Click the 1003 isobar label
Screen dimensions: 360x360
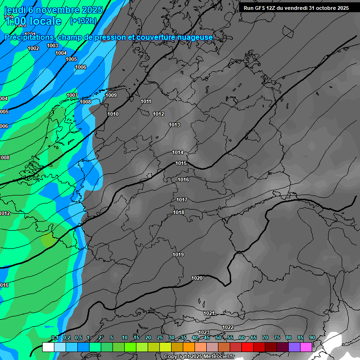coord(52,45)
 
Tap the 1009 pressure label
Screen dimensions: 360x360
coord(111,95)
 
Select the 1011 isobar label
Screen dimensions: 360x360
coord(146,101)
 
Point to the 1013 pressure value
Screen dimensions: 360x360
coord(174,125)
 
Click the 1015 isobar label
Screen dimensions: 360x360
coord(181,163)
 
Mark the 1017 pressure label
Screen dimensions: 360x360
coord(182,200)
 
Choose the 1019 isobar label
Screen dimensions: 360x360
coord(178,255)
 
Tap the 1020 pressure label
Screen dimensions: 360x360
coord(197,278)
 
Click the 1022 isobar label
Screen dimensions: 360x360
coord(228,327)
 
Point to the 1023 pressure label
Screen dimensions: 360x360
coord(204,332)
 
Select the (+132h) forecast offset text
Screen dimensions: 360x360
coord(83,21)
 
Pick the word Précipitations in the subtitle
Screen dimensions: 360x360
coord(29,37)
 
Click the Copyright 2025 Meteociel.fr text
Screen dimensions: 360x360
coord(199,356)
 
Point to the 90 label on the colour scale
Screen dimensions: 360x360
coord(312,337)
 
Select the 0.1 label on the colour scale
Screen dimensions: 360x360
coord(54,337)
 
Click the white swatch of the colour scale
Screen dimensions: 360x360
coord(48,347)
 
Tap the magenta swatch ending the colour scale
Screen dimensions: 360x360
coord(306,347)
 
